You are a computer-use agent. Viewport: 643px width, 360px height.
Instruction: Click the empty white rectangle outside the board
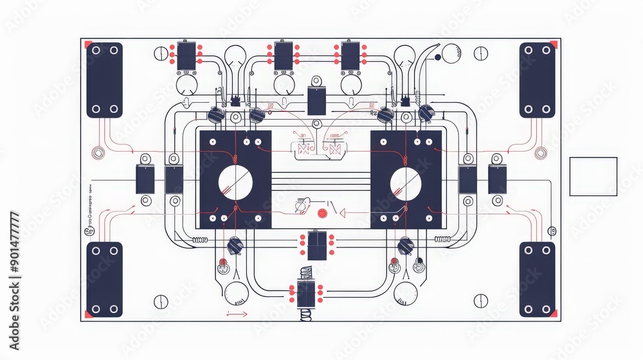tap(593, 176)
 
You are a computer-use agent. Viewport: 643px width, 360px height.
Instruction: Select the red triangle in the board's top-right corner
tap(553, 45)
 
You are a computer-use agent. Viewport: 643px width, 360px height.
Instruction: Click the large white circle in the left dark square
tap(235, 183)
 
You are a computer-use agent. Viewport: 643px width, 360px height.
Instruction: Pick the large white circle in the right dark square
tap(406, 183)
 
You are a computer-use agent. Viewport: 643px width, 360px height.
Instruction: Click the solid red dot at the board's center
tap(322, 213)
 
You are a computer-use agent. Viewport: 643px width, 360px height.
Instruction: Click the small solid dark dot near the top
tap(438, 57)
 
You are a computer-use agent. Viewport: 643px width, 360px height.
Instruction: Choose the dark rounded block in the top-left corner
tap(104, 80)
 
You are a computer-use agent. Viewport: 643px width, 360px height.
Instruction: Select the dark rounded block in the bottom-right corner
tap(537, 280)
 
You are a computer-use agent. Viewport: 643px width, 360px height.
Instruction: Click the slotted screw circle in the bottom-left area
tap(161, 301)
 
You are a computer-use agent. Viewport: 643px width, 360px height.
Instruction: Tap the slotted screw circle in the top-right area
tap(481, 53)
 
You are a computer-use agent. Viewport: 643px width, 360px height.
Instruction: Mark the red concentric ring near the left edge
tap(99, 154)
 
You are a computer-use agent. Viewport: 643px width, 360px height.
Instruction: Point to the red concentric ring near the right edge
tap(541, 153)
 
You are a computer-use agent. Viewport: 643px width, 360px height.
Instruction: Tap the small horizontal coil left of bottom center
tap(201, 240)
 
